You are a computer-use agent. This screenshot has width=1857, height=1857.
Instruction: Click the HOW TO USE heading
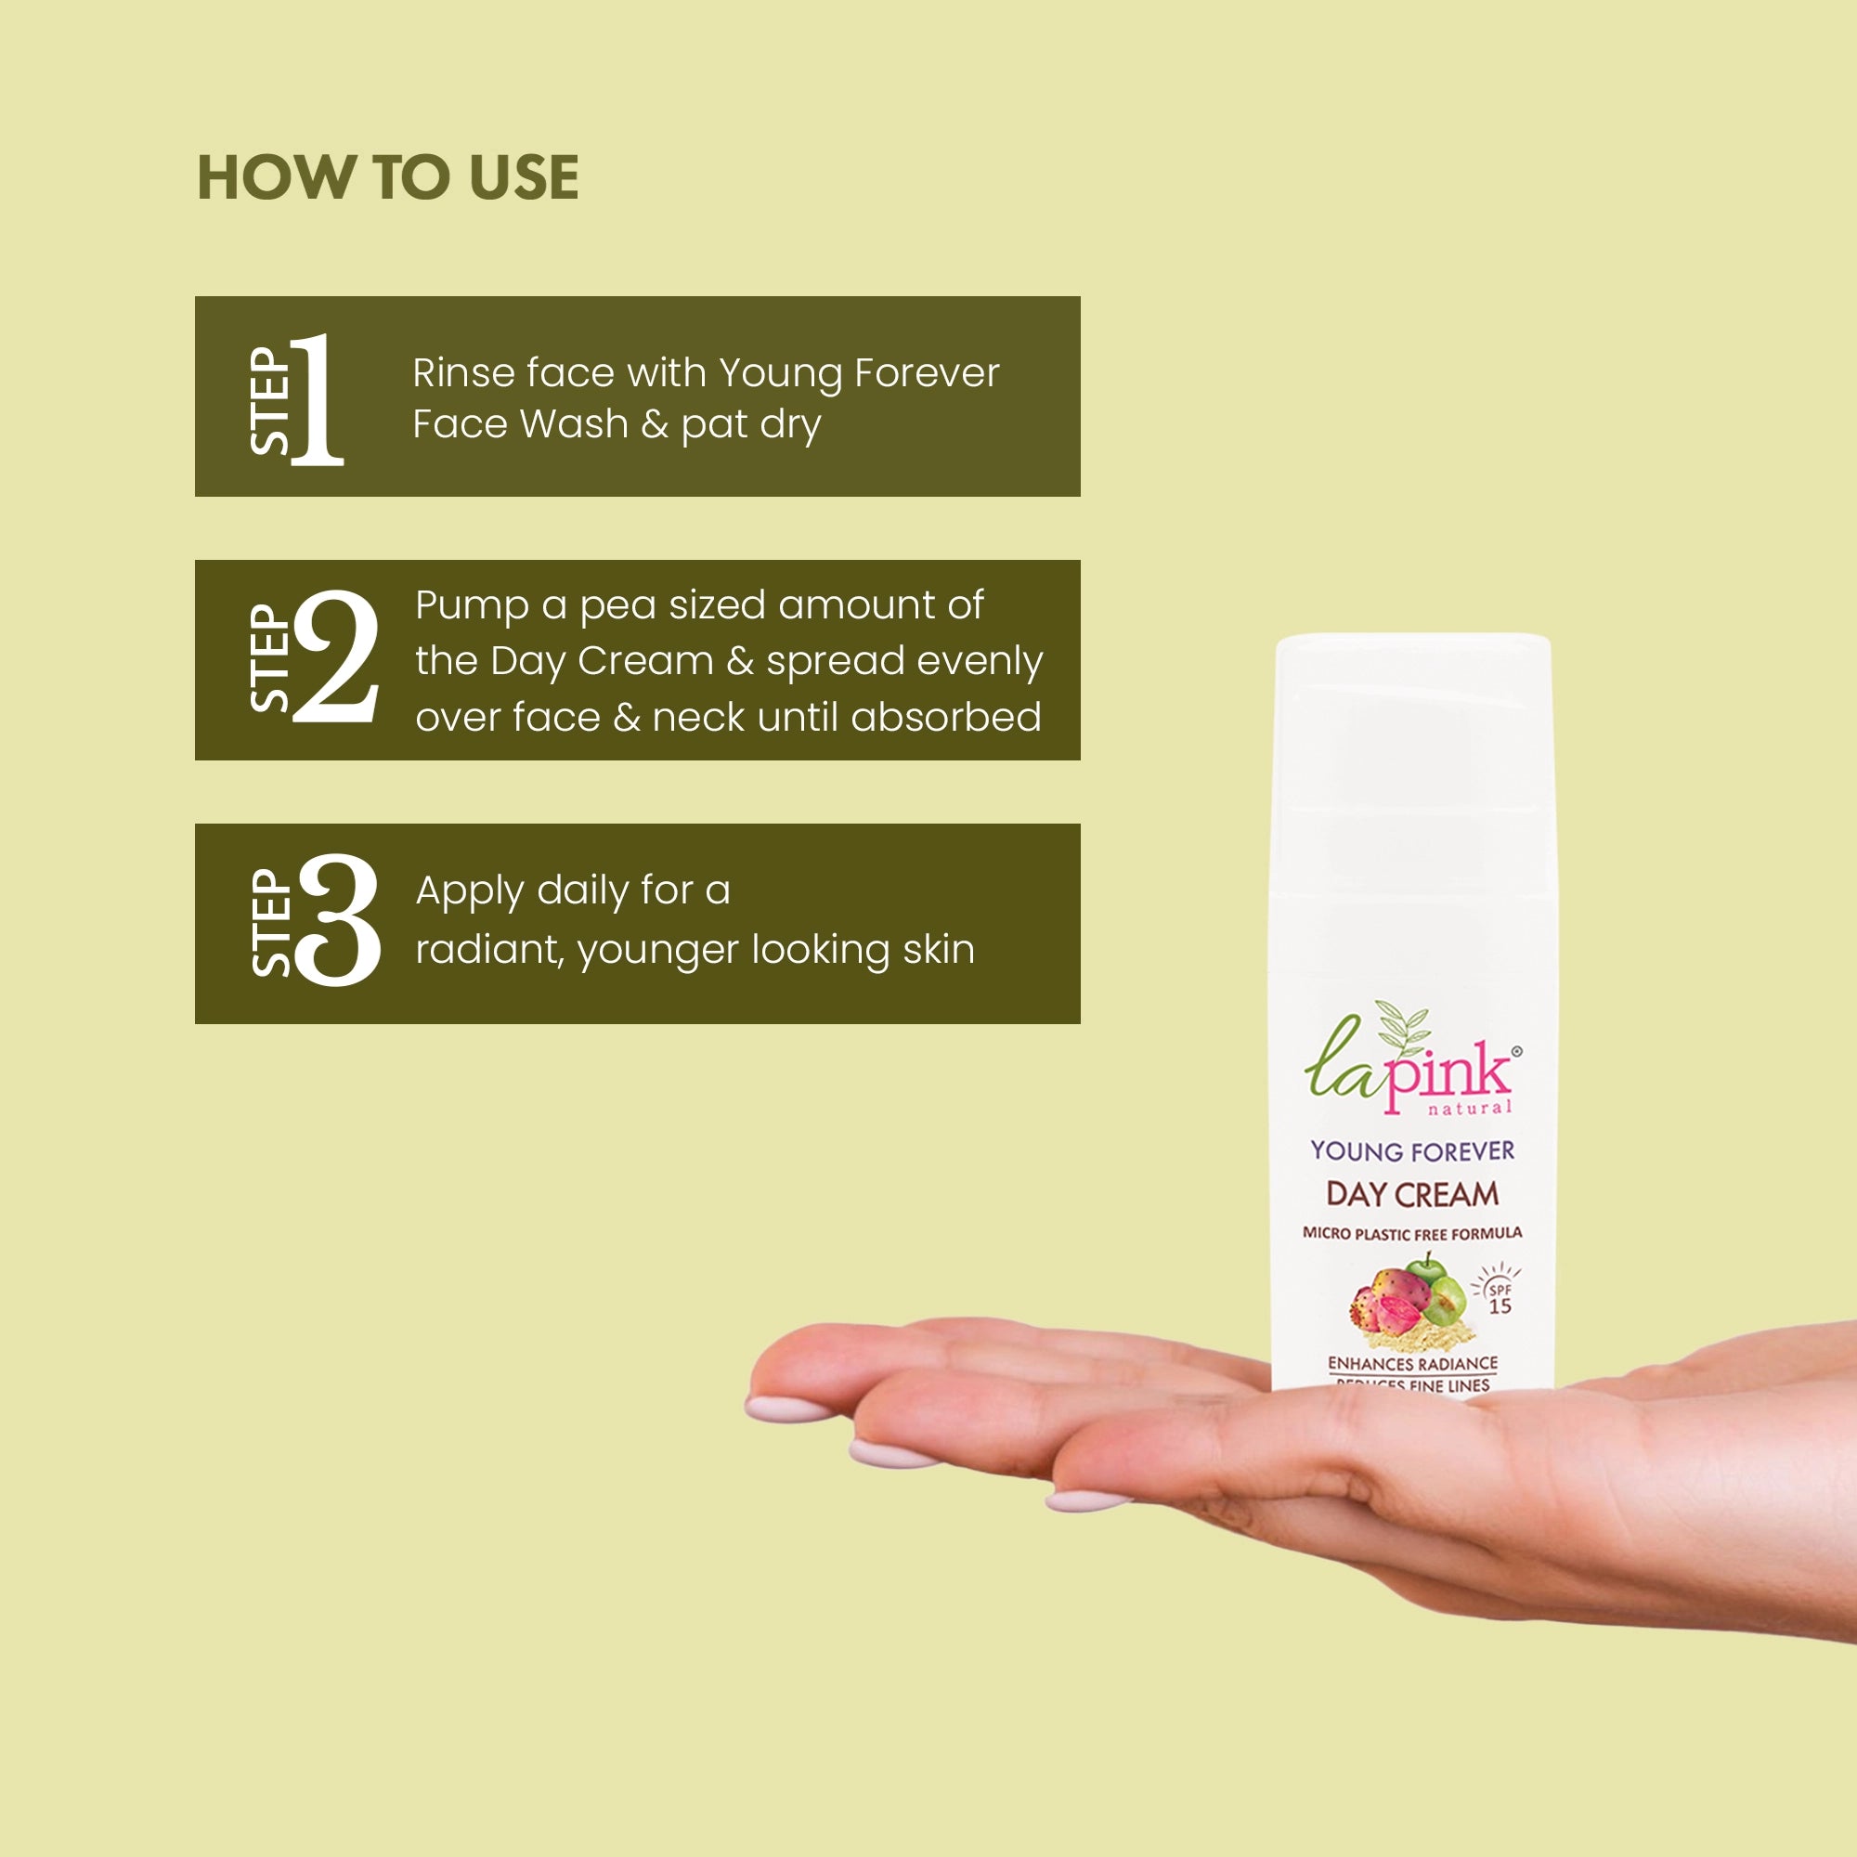387,178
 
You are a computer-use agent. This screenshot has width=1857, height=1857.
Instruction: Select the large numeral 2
335,657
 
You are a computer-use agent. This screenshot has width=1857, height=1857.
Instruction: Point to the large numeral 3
338,921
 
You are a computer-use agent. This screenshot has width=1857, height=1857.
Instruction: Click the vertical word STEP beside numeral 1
270,401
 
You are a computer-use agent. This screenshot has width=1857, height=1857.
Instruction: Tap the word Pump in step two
471,606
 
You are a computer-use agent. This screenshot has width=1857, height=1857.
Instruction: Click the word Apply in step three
468,892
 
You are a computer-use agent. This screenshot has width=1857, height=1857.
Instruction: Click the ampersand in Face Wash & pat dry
655,424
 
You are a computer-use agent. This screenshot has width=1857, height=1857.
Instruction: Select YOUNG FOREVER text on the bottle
1412,1150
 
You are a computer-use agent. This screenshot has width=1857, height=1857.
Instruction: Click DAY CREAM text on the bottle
1412,1194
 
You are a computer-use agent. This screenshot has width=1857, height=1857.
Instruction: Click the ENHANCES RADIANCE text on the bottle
1412,1363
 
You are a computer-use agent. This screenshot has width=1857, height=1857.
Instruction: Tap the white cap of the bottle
1412,711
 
